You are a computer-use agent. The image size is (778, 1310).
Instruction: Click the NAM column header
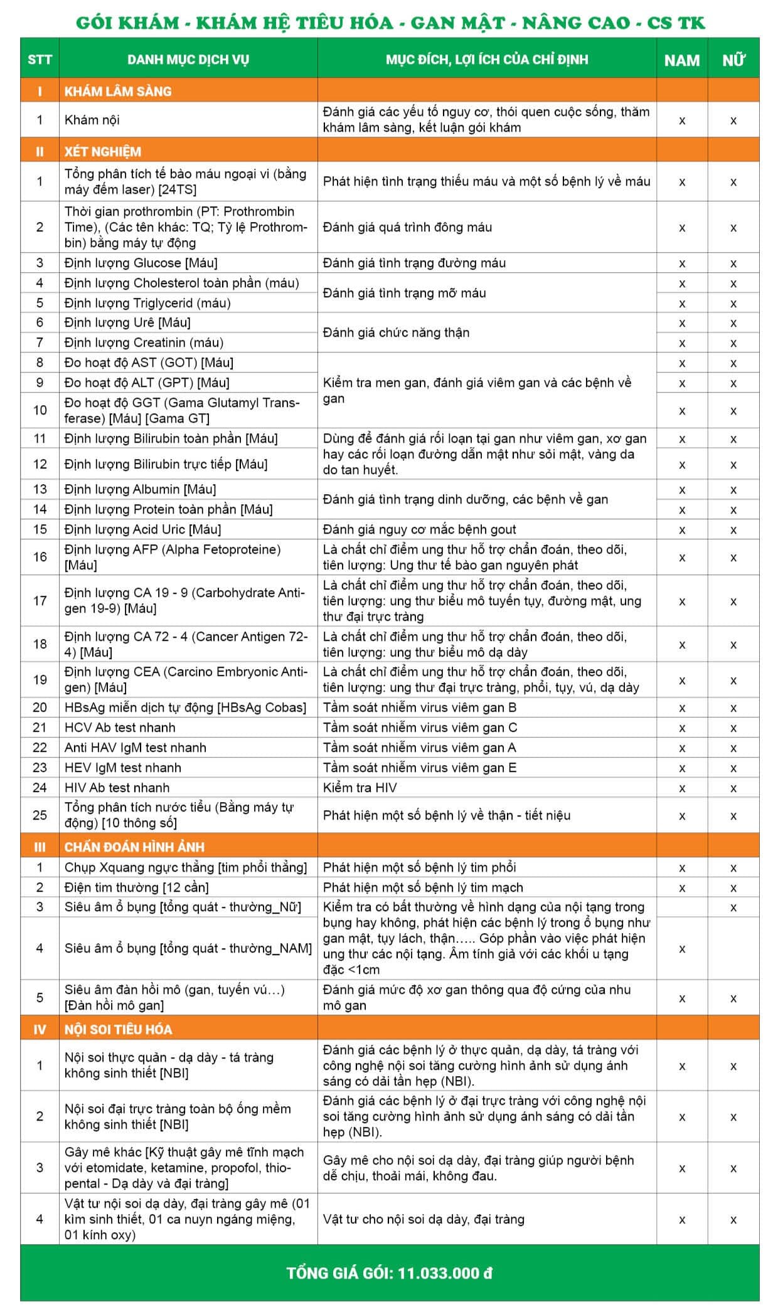click(x=681, y=60)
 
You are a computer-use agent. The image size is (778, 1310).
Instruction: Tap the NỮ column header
click(x=733, y=60)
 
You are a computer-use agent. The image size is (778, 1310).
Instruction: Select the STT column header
click(x=40, y=60)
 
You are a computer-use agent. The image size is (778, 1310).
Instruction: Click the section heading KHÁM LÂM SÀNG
click(x=118, y=91)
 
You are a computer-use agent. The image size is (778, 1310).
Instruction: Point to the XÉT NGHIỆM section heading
click(x=103, y=151)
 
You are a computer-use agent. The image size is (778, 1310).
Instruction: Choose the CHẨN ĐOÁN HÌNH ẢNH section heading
click(x=134, y=847)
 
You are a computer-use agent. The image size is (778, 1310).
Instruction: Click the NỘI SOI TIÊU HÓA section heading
click(x=118, y=1029)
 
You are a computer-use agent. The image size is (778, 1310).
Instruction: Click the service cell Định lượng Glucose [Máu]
click(x=141, y=263)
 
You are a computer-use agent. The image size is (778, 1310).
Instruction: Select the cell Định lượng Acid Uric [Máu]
click(x=143, y=529)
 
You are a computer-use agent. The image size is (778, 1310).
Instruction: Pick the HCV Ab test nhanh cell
click(x=120, y=727)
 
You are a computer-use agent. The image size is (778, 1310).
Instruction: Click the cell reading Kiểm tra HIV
click(x=360, y=788)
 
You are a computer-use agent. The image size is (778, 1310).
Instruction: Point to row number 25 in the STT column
click(x=40, y=815)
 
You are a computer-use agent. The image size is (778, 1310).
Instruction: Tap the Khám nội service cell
click(x=92, y=120)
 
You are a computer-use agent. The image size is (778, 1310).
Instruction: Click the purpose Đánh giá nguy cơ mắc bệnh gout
click(x=420, y=529)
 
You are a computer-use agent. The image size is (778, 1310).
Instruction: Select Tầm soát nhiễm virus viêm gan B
click(x=420, y=707)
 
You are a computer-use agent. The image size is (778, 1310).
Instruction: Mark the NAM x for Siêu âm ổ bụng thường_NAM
click(x=682, y=949)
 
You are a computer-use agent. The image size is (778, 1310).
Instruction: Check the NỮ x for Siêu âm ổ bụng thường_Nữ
click(x=733, y=907)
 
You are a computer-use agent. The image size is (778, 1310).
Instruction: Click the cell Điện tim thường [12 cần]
click(x=137, y=887)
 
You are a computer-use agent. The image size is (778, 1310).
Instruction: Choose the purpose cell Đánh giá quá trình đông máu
click(x=407, y=227)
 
